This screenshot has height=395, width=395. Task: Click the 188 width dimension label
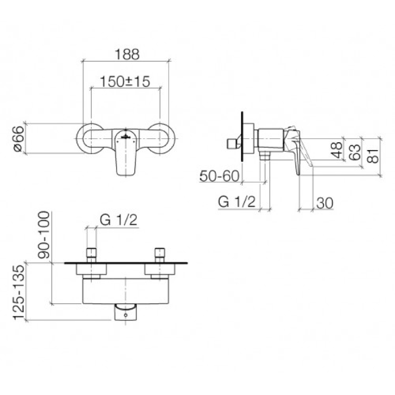(x=127, y=54)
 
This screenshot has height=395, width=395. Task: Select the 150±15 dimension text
(x=125, y=81)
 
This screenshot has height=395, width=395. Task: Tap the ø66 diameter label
(x=19, y=139)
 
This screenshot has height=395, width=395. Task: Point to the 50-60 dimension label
(x=219, y=176)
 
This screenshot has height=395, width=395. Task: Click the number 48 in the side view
(x=337, y=150)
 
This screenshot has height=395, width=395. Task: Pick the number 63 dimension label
(x=355, y=152)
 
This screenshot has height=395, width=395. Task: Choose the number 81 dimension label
(x=373, y=156)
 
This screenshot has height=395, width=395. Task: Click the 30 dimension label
(x=324, y=203)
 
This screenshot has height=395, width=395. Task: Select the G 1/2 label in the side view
(x=237, y=202)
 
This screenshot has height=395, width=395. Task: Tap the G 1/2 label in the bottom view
(x=118, y=220)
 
